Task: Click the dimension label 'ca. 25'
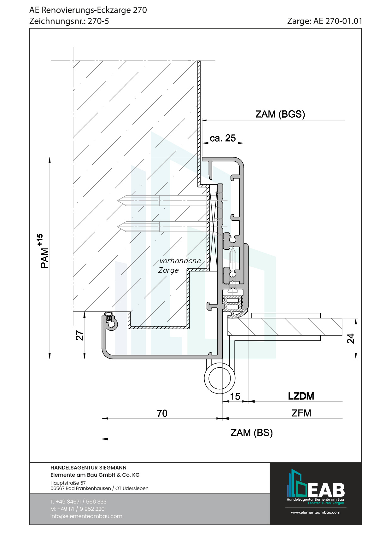(x=223, y=138)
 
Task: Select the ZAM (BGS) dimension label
(x=280, y=114)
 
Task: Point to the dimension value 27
(x=79, y=335)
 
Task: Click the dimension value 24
(x=351, y=338)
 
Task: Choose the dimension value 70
(x=162, y=413)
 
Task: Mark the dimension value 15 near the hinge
(x=235, y=396)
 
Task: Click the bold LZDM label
(x=301, y=396)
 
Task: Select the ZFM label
(x=301, y=413)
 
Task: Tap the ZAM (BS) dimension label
(x=251, y=433)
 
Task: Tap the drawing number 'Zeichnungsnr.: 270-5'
(x=69, y=21)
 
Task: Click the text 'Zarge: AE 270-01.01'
(x=324, y=21)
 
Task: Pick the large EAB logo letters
(x=326, y=490)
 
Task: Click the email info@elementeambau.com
(x=86, y=516)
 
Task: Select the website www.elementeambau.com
(x=315, y=512)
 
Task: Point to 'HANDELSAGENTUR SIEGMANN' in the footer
(x=88, y=468)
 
